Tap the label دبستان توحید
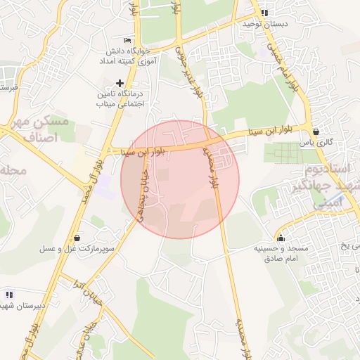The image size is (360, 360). click(262, 24)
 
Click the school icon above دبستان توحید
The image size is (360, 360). click(264, 13)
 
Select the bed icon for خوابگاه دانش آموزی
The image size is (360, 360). click(127, 40)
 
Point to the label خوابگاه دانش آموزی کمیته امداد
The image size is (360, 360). click(121, 57)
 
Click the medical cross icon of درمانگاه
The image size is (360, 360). click(120, 83)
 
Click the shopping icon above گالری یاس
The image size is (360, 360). click(316, 131)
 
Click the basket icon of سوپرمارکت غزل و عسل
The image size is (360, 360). click(76, 238)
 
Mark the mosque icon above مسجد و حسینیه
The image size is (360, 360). click(281, 238)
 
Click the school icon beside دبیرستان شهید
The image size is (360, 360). click(8, 294)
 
